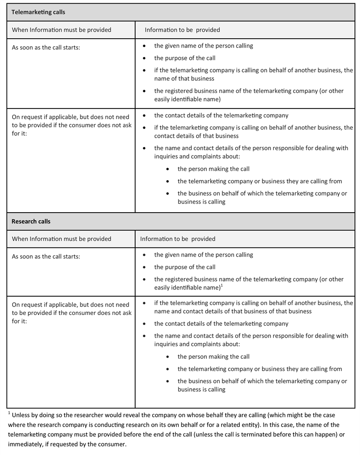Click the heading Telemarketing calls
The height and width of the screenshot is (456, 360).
(x=38, y=12)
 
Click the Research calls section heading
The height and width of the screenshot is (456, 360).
(x=31, y=221)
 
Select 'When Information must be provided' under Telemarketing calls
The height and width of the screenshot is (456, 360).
(x=61, y=30)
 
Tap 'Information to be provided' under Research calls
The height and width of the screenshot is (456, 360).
(x=178, y=239)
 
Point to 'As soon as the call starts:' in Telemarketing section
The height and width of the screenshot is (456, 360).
(x=46, y=47)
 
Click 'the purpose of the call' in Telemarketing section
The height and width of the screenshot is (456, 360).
(x=185, y=58)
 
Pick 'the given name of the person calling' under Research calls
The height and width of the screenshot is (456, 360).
(x=204, y=255)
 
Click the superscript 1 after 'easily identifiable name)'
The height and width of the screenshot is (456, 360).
(x=222, y=285)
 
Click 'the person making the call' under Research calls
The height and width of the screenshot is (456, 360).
(x=213, y=357)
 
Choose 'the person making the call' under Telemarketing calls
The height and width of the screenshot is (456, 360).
(x=213, y=169)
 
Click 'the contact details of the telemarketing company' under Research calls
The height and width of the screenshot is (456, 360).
(x=221, y=323)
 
